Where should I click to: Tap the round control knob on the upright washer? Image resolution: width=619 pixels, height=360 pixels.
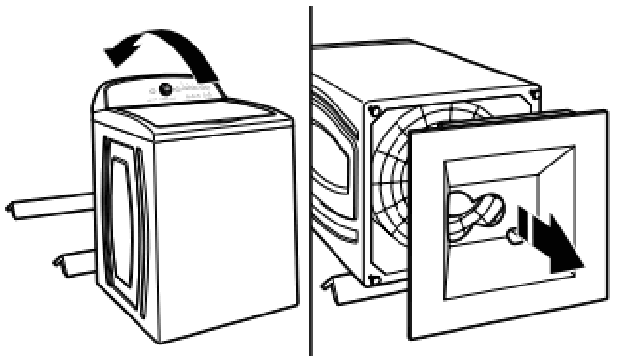pyautogui.click(x=166, y=89)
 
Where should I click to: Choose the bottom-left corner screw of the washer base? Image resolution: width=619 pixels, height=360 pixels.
pyautogui.click(x=373, y=281)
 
